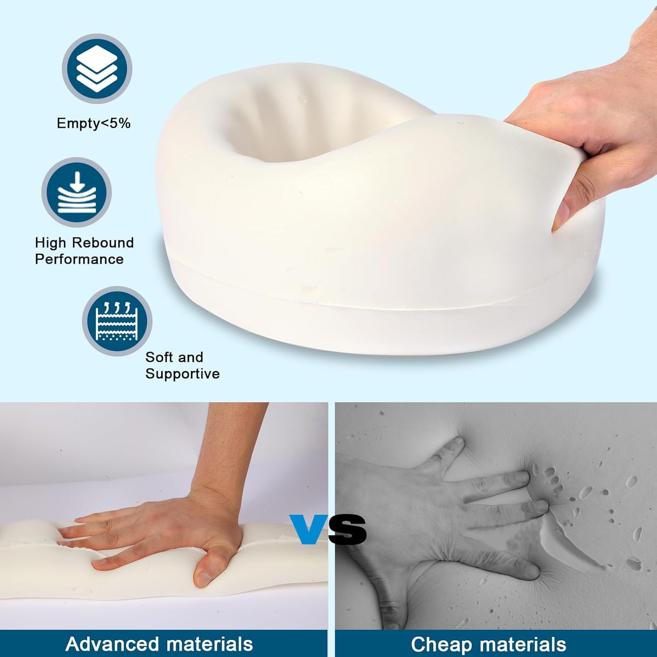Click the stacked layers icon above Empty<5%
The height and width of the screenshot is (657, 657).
coord(97,69)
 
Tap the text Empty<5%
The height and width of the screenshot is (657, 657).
coord(94,123)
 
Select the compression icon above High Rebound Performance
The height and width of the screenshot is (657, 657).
coord(77,192)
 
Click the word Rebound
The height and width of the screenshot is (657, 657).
coord(103,242)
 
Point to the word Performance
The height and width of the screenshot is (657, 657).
coord(79,259)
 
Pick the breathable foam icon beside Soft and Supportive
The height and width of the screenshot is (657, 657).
coord(117,321)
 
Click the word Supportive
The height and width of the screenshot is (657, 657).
coord(183,374)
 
